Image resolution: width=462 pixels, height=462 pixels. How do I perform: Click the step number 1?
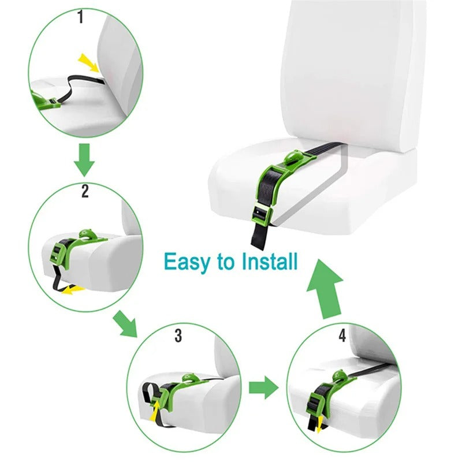[81, 17]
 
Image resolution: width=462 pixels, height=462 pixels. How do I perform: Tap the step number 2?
[85, 191]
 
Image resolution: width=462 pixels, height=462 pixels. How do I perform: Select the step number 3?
[178, 336]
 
